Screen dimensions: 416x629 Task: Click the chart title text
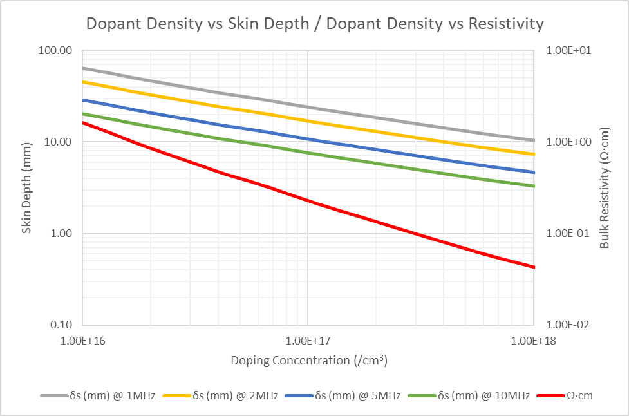click(315, 24)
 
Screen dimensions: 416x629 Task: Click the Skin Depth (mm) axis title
click(26, 187)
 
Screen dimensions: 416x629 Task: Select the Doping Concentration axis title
click(309, 360)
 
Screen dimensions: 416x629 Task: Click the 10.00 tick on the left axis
click(59, 142)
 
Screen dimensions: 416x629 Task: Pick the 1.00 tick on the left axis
click(61, 233)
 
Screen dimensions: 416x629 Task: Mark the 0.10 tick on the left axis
click(61, 325)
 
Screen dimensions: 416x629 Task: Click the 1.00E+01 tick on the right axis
click(565, 50)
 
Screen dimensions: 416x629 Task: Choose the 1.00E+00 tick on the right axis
click(565, 142)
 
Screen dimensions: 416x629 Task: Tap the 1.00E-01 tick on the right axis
click(565, 233)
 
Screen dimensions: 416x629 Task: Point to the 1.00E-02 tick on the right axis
click(565, 325)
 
